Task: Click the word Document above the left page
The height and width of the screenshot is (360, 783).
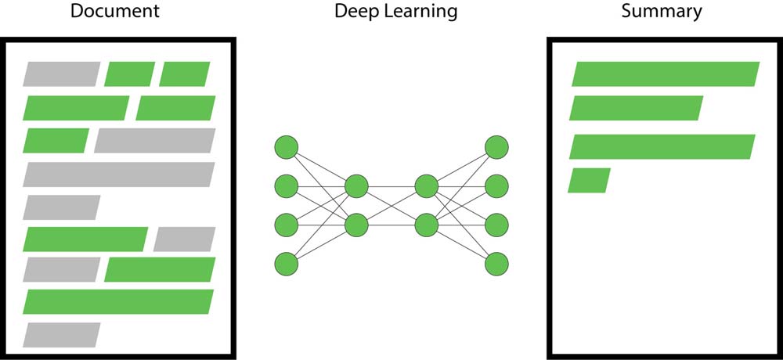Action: click(114, 12)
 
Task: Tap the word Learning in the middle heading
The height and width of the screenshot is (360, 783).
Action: click(424, 12)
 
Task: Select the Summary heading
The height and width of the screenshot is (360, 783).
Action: click(662, 12)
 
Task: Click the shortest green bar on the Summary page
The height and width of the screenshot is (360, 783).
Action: click(589, 180)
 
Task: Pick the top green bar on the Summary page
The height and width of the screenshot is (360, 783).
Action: click(666, 74)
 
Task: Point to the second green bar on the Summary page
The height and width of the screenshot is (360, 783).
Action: click(636, 108)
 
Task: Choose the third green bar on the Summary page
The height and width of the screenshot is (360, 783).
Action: click(662, 147)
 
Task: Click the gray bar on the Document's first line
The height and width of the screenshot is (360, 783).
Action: click(61, 74)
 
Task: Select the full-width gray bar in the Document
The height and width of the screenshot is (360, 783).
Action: click(119, 175)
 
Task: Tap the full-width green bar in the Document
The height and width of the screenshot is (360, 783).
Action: click(119, 301)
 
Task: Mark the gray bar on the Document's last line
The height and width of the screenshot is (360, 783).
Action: click(61, 334)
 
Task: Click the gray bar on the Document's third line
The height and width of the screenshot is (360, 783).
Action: click(154, 140)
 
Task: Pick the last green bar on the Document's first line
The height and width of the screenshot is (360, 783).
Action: click(185, 74)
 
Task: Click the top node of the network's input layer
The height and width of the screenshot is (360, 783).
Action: click(287, 147)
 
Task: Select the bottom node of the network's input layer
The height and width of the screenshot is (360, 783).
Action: click(287, 264)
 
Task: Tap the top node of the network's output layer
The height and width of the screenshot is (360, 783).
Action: click(496, 147)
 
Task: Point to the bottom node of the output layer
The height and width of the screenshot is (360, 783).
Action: click(496, 264)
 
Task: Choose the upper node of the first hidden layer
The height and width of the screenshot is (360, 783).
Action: click(356, 186)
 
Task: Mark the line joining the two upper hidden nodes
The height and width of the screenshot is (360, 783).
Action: click(391, 186)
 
